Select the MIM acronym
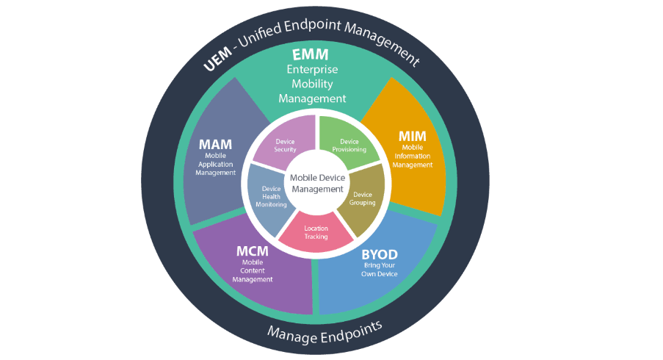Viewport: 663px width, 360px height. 412,136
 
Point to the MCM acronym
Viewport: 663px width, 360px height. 252,251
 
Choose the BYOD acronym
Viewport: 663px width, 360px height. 380,254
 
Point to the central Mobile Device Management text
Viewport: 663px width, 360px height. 316,183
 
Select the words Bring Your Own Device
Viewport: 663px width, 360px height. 380,269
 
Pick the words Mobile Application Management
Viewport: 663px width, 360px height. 216,164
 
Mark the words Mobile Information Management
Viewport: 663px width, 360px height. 412,156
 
